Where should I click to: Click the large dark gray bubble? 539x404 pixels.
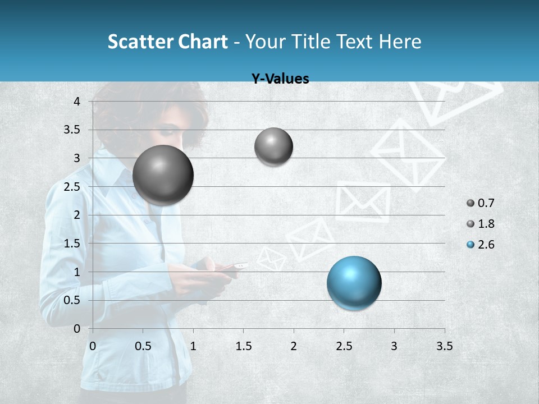click(x=163, y=175)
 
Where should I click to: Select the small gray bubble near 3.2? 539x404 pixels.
click(x=273, y=146)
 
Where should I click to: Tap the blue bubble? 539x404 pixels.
click(x=354, y=283)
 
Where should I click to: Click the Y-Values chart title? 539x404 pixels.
click(x=280, y=79)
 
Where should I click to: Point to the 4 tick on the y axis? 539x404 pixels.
click(x=77, y=102)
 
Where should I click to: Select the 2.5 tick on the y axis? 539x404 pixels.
click(x=72, y=187)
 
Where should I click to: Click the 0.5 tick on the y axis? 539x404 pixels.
click(x=72, y=300)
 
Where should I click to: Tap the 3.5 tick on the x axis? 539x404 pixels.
click(x=444, y=346)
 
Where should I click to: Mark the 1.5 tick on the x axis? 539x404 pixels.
click(x=243, y=346)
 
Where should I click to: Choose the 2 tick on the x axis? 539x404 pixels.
click(x=294, y=346)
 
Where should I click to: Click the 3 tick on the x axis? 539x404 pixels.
click(x=394, y=346)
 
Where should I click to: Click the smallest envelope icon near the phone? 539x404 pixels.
click(x=272, y=259)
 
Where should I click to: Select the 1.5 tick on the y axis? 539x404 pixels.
click(x=72, y=244)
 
